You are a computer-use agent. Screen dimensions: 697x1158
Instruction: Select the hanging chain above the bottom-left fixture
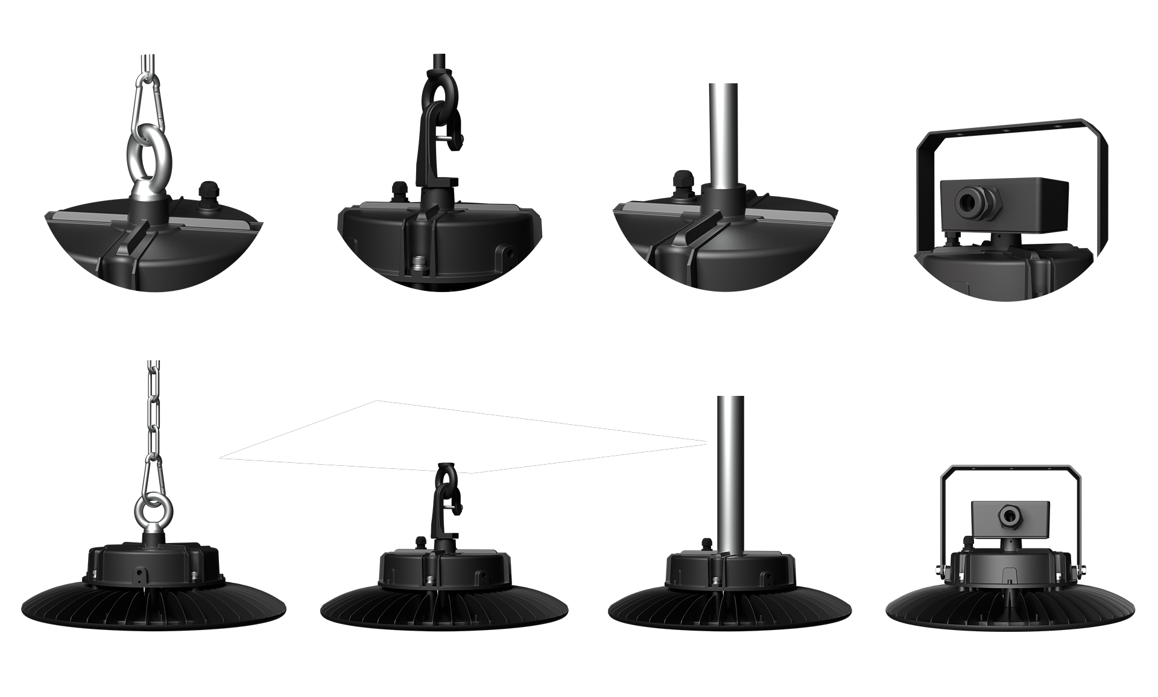(x=154, y=410)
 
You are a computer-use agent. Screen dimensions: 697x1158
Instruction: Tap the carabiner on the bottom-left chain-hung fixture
(x=151, y=474)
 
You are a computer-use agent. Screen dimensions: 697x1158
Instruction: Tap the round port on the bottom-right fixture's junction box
(x=1007, y=515)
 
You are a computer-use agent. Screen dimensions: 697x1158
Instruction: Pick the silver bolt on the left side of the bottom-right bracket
(x=938, y=570)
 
